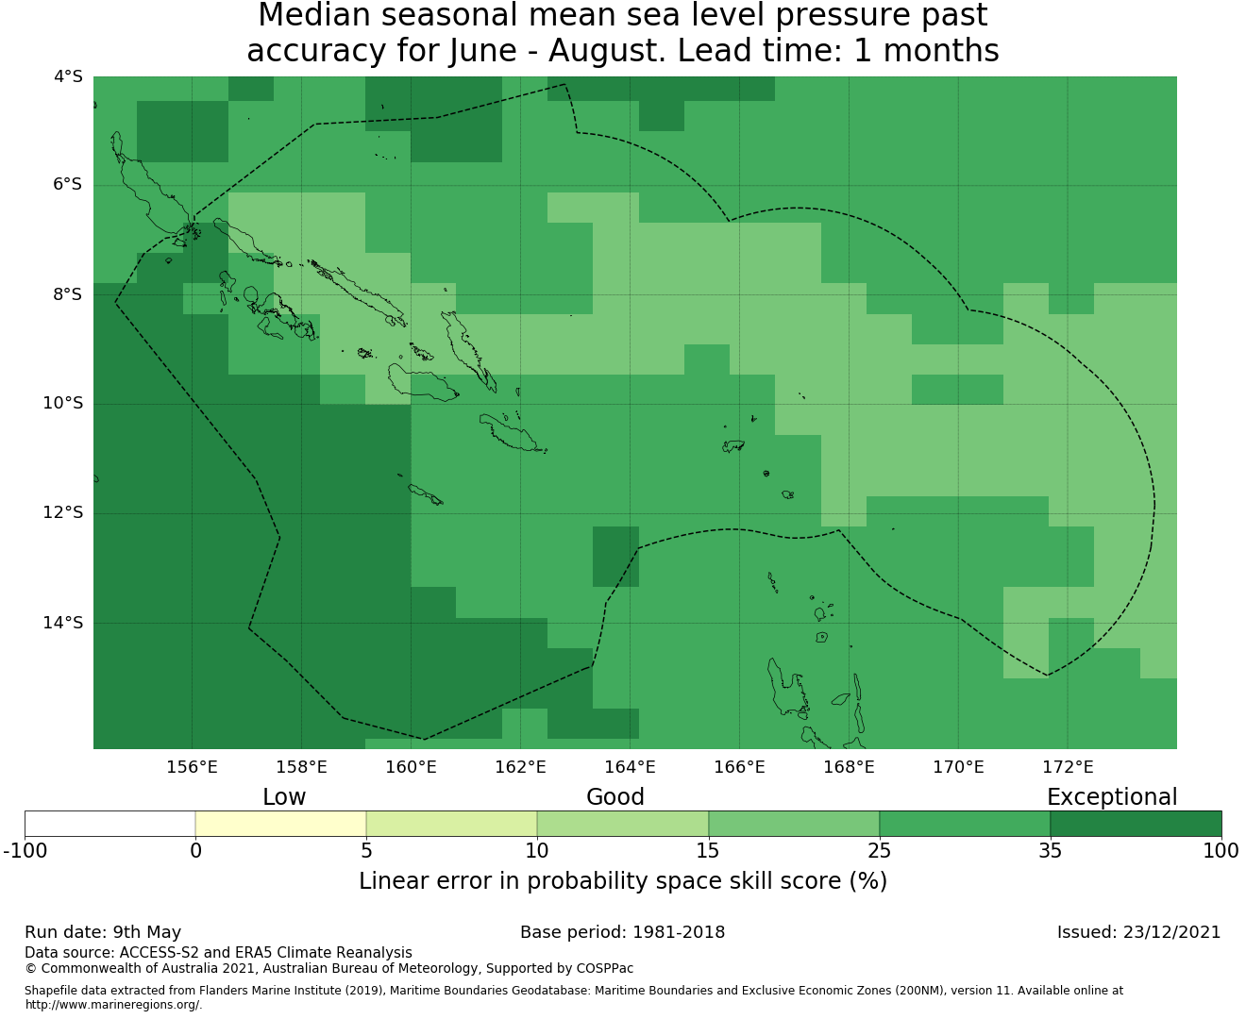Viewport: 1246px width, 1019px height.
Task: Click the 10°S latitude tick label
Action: pyautogui.click(x=62, y=404)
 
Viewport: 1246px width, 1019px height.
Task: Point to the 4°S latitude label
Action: pyautogui.click(x=68, y=76)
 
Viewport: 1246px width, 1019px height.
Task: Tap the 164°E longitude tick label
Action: pyautogui.click(x=630, y=767)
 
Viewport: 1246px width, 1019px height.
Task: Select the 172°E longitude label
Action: pyautogui.click(x=1068, y=767)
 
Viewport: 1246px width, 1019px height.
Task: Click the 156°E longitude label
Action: pyautogui.click(x=192, y=767)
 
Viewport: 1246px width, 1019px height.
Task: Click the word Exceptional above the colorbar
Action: pyautogui.click(x=1112, y=797)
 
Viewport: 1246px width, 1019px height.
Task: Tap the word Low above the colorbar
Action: pyautogui.click(x=284, y=797)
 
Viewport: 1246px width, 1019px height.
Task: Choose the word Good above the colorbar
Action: pyautogui.click(x=615, y=797)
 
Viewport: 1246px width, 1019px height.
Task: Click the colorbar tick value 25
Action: pyautogui.click(x=879, y=851)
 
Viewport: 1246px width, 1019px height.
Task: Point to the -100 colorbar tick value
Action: pyautogui.click(x=25, y=851)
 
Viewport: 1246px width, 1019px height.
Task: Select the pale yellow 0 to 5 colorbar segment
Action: pyautogui.click(x=280, y=824)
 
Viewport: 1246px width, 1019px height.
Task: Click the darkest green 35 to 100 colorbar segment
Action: pyautogui.click(x=1136, y=824)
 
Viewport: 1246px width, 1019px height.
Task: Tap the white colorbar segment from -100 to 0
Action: pyautogui.click(x=109, y=824)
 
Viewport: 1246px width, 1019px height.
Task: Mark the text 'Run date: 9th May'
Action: pyautogui.click(x=103, y=932)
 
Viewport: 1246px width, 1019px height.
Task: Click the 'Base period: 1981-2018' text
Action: pyautogui.click(x=622, y=932)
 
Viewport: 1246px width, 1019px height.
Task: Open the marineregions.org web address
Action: pyautogui.click(x=113, y=1005)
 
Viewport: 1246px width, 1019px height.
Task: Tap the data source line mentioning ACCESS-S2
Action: pyautogui.click(x=219, y=953)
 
